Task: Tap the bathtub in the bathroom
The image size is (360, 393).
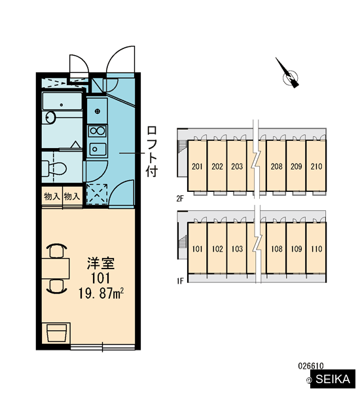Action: [62, 102]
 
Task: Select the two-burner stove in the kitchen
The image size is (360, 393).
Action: [98, 131]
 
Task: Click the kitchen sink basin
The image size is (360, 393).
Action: [98, 149]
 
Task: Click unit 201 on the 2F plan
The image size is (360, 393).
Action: [197, 166]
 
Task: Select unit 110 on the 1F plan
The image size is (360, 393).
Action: [316, 248]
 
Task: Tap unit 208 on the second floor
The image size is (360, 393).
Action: [276, 166]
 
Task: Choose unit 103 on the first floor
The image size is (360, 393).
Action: [237, 248]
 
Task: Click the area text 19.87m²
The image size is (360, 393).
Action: [101, 293]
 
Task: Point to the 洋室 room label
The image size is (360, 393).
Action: [101, 263]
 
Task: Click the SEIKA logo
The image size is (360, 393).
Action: [333, 379]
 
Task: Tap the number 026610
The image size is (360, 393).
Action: [311, 366]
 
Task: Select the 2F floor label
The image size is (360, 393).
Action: [180, 198]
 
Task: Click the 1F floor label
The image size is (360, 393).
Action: [180, 281]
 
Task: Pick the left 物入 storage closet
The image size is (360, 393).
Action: [52, 196]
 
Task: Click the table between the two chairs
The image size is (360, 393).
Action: [56, 269]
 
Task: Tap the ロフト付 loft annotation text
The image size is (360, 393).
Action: [152, 151]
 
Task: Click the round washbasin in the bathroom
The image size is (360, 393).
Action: [50, 117]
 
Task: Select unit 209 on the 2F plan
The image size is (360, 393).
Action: [296, 166]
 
